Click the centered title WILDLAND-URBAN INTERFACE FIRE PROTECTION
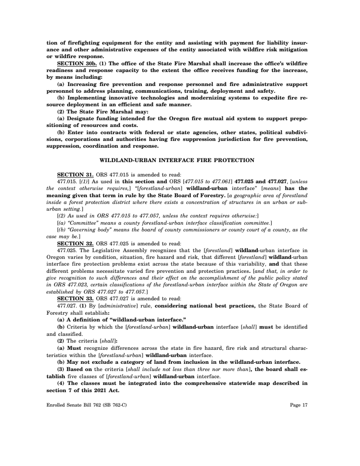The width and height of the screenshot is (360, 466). point(177,160)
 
